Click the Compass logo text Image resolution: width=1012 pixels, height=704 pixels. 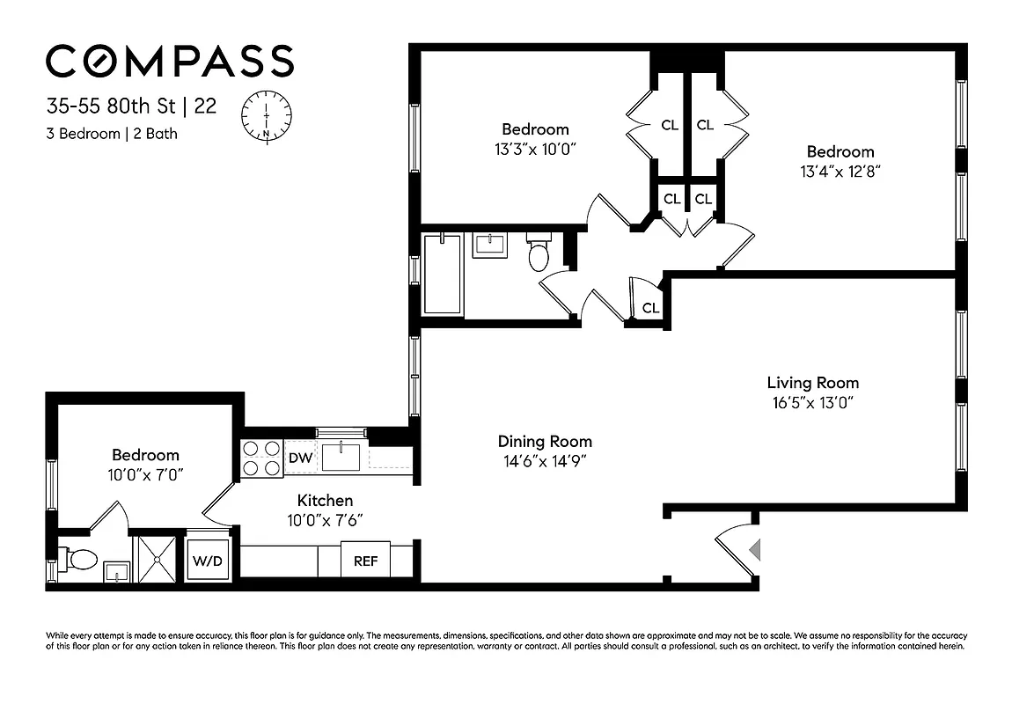pos(169,62)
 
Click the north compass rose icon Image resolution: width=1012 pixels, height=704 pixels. pos(266,115)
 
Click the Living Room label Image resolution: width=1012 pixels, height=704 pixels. pos(812,383)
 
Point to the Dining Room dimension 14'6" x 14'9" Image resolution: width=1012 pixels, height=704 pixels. pos(545,460)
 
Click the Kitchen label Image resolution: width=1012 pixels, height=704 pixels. pos(325,500)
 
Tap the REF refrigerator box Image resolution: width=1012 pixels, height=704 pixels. pos(365,561)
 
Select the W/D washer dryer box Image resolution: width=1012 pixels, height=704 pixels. pos(208,561)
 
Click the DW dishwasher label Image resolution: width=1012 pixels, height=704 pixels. pos(299,458)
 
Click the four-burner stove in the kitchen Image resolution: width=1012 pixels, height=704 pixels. pos(261,458)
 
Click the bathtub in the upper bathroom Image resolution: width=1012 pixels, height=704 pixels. pos(442,274)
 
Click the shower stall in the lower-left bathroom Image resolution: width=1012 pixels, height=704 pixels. pos(156,559)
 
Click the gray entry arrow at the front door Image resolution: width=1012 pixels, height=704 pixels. pos(754,550)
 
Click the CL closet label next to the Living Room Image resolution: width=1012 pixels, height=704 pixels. pos(650,308)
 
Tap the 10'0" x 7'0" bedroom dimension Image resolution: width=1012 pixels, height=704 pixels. pos(145,474)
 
